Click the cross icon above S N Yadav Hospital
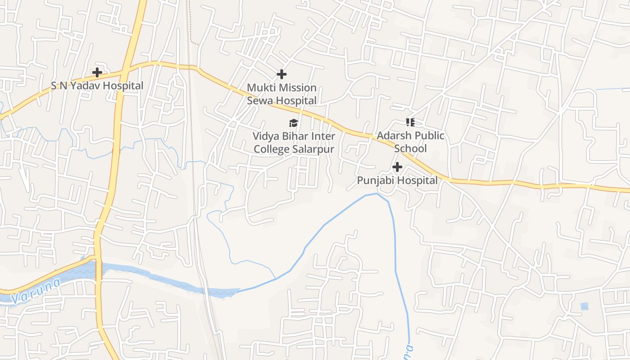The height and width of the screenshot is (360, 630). [x=97, y=72]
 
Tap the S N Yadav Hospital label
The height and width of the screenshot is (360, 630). [x=97, y=85]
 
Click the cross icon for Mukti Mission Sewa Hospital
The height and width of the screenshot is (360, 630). [x=282, y=74]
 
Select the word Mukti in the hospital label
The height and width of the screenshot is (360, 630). [x=260, y=87]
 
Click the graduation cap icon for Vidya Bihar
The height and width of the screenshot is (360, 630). [x=294, y=123]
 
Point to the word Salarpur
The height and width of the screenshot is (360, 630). [x=313, y=149]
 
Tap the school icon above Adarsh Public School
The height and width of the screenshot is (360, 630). [x=410, y=122]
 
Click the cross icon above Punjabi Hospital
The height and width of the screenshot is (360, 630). [x=397, y=167]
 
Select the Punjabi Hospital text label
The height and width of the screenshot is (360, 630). [x=397, y=180]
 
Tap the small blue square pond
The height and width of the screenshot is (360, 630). [x=584, y=306]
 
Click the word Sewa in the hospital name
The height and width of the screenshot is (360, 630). [x=259, y=100]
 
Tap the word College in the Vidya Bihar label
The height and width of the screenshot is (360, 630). [x=272, y=149]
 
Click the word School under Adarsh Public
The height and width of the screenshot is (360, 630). [x=410, y=148]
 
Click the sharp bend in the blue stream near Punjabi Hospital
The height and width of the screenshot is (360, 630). [x=377, y=194]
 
